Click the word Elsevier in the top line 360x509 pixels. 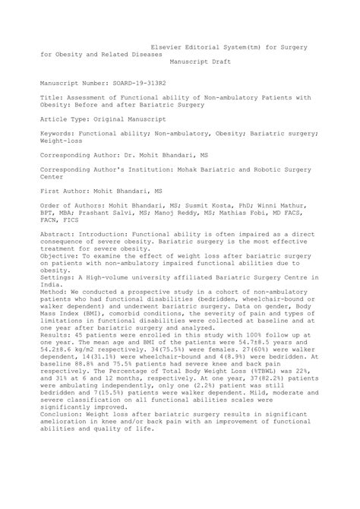[169, 46]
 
